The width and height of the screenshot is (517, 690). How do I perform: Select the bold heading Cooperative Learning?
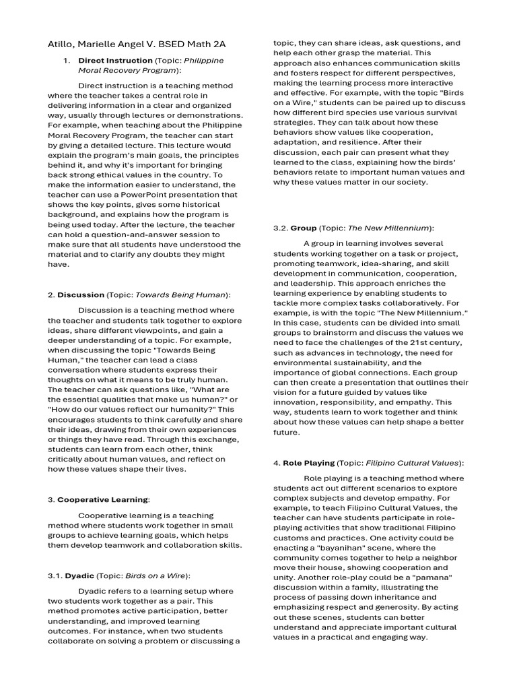tap(102, 499)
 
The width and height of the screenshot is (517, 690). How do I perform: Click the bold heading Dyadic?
tap(79, 575)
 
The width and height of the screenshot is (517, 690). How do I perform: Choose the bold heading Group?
tap(304, 228)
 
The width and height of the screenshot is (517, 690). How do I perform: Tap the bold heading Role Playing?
tap(308, 463)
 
